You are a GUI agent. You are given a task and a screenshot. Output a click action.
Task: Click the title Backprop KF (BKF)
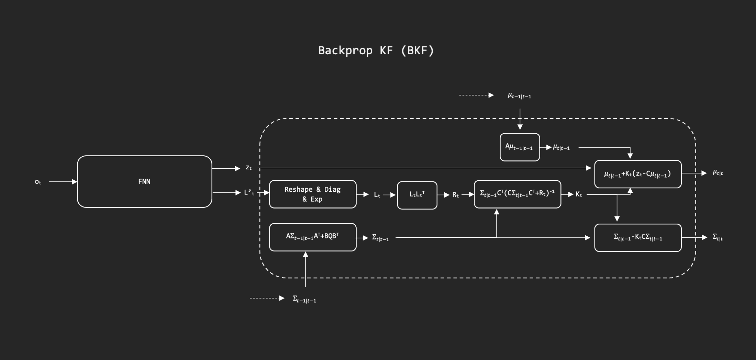[x=376, y=50]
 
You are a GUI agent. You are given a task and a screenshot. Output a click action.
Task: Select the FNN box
[x=144, y=181]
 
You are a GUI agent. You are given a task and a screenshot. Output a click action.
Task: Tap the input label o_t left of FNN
[x=38, y=182]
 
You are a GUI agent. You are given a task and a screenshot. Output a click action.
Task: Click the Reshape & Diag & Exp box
[x=312, y=194]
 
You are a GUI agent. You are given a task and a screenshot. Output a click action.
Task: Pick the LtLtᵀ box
[x=417, y=195]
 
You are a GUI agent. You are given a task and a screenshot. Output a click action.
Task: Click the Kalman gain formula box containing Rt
[x=517, y=194]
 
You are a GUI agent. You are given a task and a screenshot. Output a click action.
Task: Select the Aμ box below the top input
[x=520, y=147]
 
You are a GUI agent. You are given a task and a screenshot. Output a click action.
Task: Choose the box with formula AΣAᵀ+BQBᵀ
[x=312, y=237]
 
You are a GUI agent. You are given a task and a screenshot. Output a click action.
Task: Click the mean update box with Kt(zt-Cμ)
[x=637, y=174]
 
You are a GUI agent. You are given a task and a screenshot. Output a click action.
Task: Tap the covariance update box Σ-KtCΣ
[x=637, y=238]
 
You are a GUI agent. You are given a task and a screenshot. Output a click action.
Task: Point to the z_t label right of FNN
[x=248, y=168]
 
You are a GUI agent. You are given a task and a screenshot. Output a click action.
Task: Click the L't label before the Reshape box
[x=249, y=193]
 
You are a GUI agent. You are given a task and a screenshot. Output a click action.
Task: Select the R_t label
[x=455, y=195]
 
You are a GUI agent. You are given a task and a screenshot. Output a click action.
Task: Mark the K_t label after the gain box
[x=579, y=194]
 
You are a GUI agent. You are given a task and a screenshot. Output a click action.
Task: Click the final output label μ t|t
[x=718, y=173]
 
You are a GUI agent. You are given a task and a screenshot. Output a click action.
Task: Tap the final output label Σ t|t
[x=718, y=237]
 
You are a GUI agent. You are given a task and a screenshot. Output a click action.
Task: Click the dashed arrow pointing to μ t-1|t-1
[x=476, y=95]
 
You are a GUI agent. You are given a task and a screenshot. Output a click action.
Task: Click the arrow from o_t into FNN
[x=63, y=182]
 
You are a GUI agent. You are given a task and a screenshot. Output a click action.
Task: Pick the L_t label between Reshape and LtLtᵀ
[x=377, y=195]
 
